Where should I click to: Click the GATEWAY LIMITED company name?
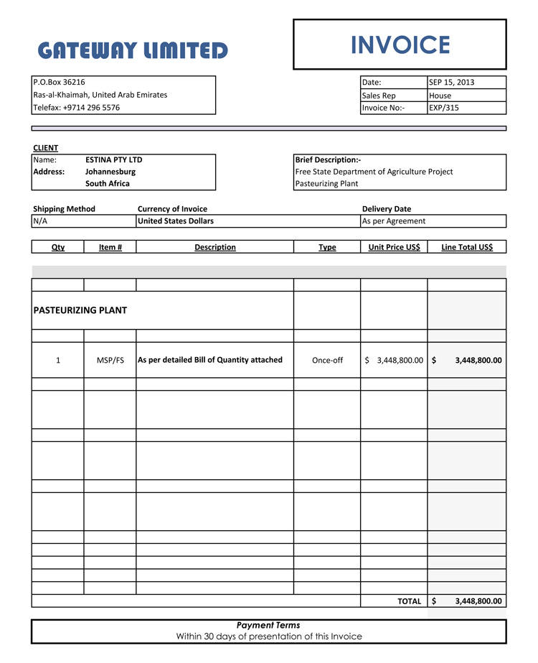click(x=133, y=50)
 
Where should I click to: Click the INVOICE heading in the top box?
click(x=400, y=45)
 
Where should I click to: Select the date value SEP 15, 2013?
click(x=452, y=83)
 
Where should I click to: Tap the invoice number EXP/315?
click(x=444, y=108)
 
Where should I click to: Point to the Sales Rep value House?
click(x=440, y=96)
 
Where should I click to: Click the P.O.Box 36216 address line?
click(x=60, y=83)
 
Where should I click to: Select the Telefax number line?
click(x=77, y=108)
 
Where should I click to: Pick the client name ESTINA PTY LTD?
click(x=114, y=160)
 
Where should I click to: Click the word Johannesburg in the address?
click(x=110, y=172)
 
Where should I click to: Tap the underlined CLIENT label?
click(x=46, y=148)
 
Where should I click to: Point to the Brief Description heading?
click(x=329, y=160)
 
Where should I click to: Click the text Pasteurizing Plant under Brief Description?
click(x=326, y=184)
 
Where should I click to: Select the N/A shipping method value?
click(x=40, y=221)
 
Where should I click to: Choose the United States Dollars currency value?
click(x=176, y=221)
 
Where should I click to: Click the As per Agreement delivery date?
click(x=394, y=221)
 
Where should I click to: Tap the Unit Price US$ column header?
click(x=394, y=247)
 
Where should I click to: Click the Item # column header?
click(x=110, y=247)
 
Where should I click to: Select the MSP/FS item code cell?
click(x=110, y=361)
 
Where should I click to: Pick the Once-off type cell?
click(x=327, y=361)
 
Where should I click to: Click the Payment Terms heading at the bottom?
click(x=268, y=625)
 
